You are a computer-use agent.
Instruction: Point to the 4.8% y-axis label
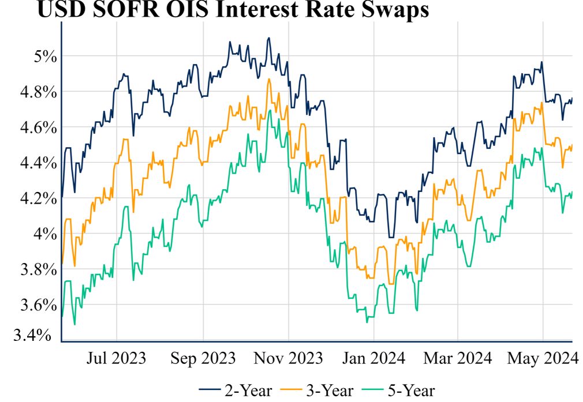click(x=37, y=93)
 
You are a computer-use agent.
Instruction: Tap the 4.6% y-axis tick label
click(x=37, y=128)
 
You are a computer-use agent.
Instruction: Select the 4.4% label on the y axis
click(x=37, y=164)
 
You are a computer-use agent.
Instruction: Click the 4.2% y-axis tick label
click(x=37, y=199)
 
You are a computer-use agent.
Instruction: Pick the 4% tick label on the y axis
click(x=44, y=235)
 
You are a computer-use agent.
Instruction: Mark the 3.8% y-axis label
click(x=37, y=270)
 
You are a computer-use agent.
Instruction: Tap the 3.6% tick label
click(x=37, y=306)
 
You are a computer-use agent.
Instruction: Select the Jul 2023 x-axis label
click(x=117, y=359)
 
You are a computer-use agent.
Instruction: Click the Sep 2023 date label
click(x=203, y=359)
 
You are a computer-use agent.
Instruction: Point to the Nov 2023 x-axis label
click(x=288, y=359)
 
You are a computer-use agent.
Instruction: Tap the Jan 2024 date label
click(x=373, y=359)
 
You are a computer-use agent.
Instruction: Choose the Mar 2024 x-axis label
click(x=458, y=359)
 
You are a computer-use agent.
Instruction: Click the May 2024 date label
click(x=543, y=359)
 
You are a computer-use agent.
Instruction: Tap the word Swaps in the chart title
click(x=392, y=10)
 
